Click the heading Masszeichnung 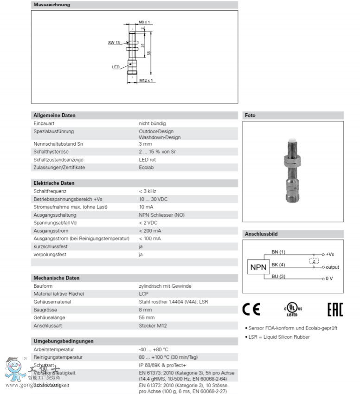51,5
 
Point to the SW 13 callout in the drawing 114,43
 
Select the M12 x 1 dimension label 146,80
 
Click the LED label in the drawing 116,67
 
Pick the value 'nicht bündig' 152,123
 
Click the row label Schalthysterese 52,151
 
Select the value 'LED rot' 148,159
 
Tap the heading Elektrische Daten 54,183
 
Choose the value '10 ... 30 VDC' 154,199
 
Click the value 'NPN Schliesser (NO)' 161,214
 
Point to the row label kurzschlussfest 50,246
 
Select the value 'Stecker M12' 153,325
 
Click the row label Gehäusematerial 52,302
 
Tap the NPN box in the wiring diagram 259,267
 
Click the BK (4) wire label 278,265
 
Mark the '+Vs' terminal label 330,254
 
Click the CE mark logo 251,310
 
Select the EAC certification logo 335,310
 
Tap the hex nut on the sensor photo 293,162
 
